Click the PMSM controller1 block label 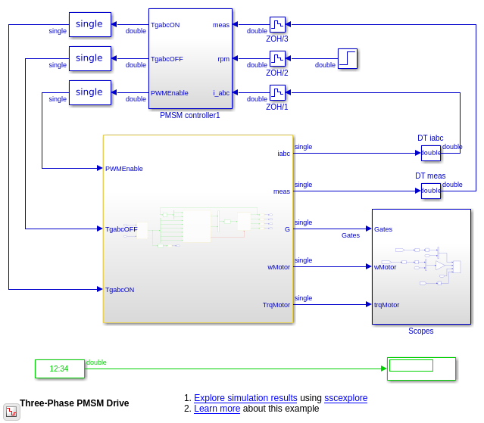pyautogui.click(x=189, y=116)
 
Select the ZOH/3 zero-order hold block pyautogui.click(x=277, y=24)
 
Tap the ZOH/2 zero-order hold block pyautogui.click(x=277, y=58)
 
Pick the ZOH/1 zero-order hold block pyautogui.click(x=277, y=92)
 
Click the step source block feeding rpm pyautogui.click(x=347, y=58)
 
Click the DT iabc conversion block pyautogui.click(x=430, y=153)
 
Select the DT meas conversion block pyautogui.click(x=430, y=191)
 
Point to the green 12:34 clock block pyautogui.click(x=59, y=369)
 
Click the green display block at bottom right pyautogui.click(x=421, y=369)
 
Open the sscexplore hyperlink pyautogui.click(x=345, y=398)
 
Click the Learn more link pyautogui.click(x=217, y=409)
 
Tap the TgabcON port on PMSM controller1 pyautogui.click(x=165, y=25)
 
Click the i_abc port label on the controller pyautogui.click(x=221, y=93)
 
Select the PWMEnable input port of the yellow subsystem pyautogui.click(x=124, y=169)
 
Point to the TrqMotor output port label pyautogui.click(x=276, y=305)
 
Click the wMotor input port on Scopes pyautogui.click(x=385, y=267)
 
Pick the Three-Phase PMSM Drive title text pyautogui.click(x=74, y=403)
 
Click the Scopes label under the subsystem pyautogui.click(x=421, y=331)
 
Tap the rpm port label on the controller pyautogui.click(x=223, y=59)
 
